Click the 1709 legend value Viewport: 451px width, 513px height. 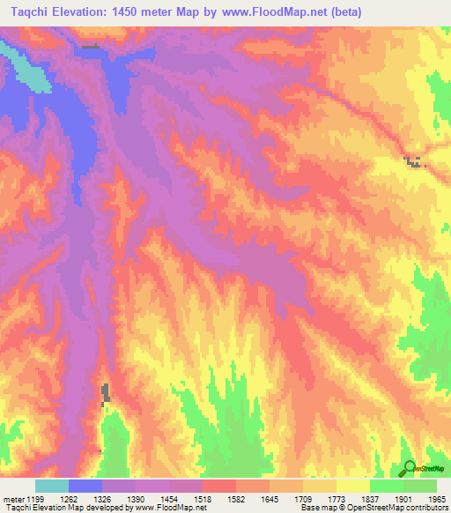coord(303,500)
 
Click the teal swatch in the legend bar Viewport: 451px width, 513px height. coord(52,486)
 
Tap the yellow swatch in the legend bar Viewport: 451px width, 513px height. coord(352,486)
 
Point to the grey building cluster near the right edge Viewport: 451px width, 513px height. coord(413,160)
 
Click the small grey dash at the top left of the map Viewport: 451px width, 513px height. coord(90,47)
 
